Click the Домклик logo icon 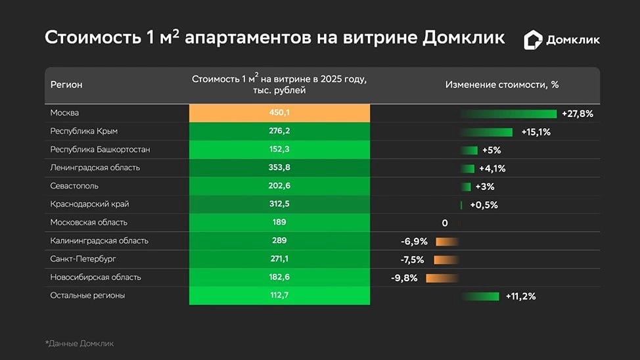[533, 40]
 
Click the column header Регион [66, 85]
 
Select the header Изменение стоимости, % [502, 85]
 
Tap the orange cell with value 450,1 [279, 113]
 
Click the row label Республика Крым [84, 131]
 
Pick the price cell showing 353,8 [279, 168]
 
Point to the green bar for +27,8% [509, 114]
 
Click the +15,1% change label [536, 132]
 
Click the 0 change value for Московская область [445, 223]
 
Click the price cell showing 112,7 [279, 296]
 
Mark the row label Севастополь [74, 186]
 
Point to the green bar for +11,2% [480, 296]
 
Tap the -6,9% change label [414, 242]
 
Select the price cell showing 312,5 [279, 204]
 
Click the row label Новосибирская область [96, 277]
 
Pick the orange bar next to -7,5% [446, 259]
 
